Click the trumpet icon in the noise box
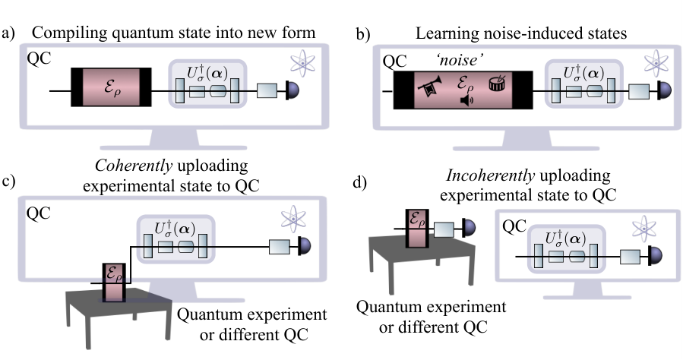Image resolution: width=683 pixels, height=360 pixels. (x=430, y=86)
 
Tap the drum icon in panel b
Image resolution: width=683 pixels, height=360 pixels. (x=497, y=83)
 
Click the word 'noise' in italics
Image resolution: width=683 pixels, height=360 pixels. (x=460, y=60)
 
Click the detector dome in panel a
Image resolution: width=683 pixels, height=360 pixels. (x=292, y=90)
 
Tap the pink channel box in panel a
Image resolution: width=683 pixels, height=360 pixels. (x=111, y=87)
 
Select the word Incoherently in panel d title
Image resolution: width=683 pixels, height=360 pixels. (x=491, y=175)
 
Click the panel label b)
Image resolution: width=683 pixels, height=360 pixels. (x=363, y=34)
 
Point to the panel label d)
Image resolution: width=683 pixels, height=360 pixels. (x=359, y=182)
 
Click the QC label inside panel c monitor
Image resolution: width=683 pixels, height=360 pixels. (x=38, y=213)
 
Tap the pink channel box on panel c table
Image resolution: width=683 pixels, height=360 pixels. (x=114, y=283)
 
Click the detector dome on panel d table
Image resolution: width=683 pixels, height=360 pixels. (x=469, y=228)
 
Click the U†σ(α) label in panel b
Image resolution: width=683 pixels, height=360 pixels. (x=583, y=73)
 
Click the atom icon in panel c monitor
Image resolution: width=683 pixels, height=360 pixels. (x=293, y=219)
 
